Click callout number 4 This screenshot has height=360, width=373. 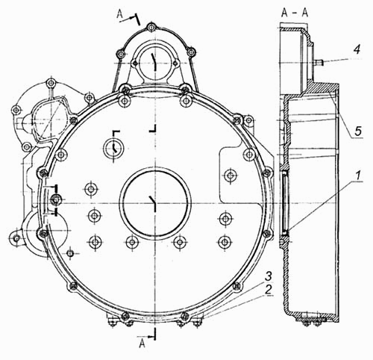tap(357, 49)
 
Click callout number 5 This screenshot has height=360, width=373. tap(358, 131)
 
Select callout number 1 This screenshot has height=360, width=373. tap(357, 176)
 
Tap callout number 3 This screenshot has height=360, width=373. tap(269, 276)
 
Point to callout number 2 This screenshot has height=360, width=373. tap(268, 290)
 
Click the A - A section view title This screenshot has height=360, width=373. tap(295, 13)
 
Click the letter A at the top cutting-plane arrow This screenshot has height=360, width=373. tap(120, 14)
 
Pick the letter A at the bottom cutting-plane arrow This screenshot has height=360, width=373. tap(142, 344)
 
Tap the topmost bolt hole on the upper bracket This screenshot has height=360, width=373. tap(151, 27)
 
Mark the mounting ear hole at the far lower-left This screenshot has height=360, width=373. tap(16, 238)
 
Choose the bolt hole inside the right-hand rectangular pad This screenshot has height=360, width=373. tap(229, 176)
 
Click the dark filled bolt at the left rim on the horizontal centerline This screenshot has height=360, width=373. tap(55, 199)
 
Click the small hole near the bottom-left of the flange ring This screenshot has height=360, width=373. tap(71, 253)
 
